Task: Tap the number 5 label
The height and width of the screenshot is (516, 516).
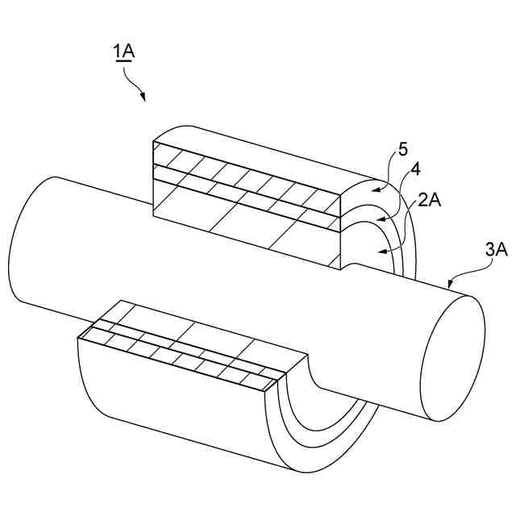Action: click(403, 151)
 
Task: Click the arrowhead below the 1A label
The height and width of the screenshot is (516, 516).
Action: click(143, 98)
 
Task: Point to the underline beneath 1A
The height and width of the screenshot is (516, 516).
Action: click(124, 62)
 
